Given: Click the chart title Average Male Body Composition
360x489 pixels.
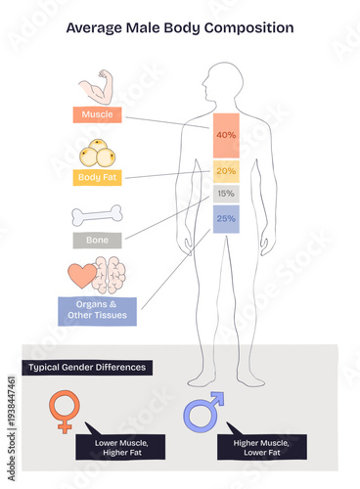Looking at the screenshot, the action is [179, 27].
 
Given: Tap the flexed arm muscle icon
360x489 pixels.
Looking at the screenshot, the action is [97, 87].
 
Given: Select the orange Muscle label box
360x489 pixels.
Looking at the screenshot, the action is [97, 114].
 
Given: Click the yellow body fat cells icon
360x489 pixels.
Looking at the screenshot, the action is [97, 154].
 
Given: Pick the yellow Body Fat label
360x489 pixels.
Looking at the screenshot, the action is [97, 177].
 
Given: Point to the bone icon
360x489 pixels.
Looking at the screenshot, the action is [97, 215].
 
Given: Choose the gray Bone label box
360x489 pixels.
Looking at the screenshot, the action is [97, 240].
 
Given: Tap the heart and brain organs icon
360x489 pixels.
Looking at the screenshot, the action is [97, 275].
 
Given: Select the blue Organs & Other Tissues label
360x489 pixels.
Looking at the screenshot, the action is [97, 310].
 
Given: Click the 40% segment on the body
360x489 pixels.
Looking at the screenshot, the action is [226, 135].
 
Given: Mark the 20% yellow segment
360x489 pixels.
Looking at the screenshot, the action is [226, 171].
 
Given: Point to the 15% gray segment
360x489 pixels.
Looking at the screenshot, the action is [226, 194].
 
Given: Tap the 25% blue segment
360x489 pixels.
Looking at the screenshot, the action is [226, 219].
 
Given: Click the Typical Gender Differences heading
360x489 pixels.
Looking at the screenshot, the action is [87, 367].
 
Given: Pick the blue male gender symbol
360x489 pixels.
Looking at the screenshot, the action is [202, 412].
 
